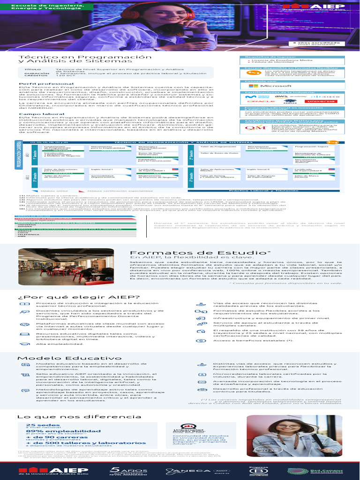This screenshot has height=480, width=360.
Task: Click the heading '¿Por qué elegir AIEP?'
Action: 78,297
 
